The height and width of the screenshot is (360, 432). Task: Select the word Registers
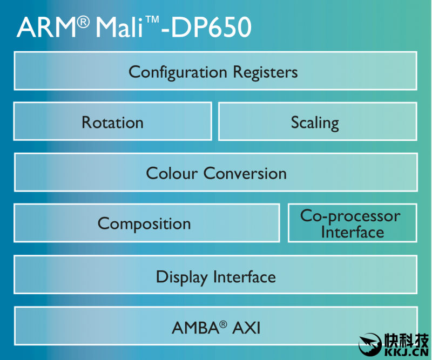coord(265,72)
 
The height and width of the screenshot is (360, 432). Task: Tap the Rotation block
coord(112,123)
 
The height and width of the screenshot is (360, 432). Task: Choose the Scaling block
coord(315,123)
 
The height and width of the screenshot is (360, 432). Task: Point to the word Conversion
coord(245,173)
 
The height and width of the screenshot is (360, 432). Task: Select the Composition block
coord(144,223)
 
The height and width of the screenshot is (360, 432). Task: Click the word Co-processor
coord(350,216)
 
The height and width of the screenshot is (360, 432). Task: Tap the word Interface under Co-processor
coord(353,233)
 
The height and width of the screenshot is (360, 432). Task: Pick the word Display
coord(181,277)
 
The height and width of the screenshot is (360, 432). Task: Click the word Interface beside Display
coord(244,277)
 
